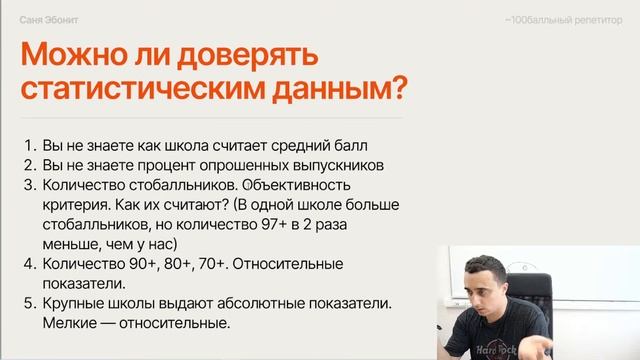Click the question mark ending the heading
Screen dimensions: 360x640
398,87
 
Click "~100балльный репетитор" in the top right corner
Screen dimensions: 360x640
562,20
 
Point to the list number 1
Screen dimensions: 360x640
29,143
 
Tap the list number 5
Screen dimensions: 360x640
29,304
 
